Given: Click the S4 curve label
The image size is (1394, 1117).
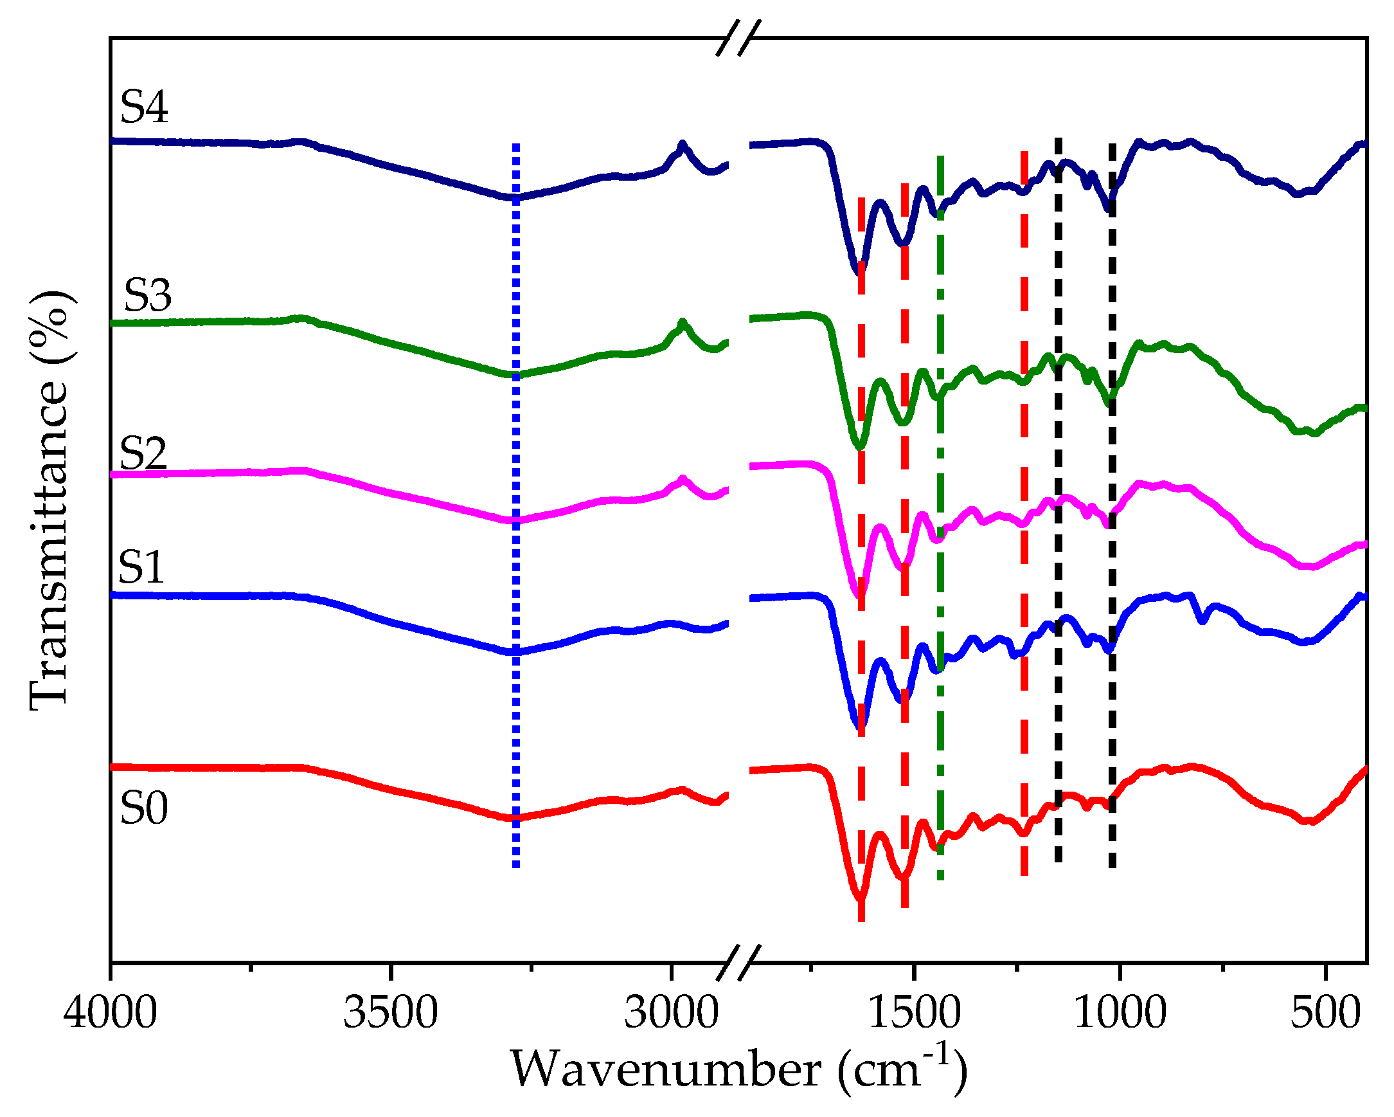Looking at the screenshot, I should tap(143, 107).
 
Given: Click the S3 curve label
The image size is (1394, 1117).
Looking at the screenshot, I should tap(147, 295).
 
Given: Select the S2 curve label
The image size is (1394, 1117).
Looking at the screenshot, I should tap(143, 452).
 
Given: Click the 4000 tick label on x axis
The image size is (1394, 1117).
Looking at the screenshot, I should tap(110, 1012).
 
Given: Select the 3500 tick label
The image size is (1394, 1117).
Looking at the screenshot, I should tap(390, 1012).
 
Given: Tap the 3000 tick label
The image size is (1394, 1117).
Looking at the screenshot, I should tap(670, 1012).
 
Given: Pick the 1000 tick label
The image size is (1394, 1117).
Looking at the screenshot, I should tap(1120, 1012).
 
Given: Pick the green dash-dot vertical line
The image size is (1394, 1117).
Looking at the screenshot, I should tap(940, 518).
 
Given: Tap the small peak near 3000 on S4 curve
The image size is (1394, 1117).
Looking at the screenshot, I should tap(681, 144).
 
